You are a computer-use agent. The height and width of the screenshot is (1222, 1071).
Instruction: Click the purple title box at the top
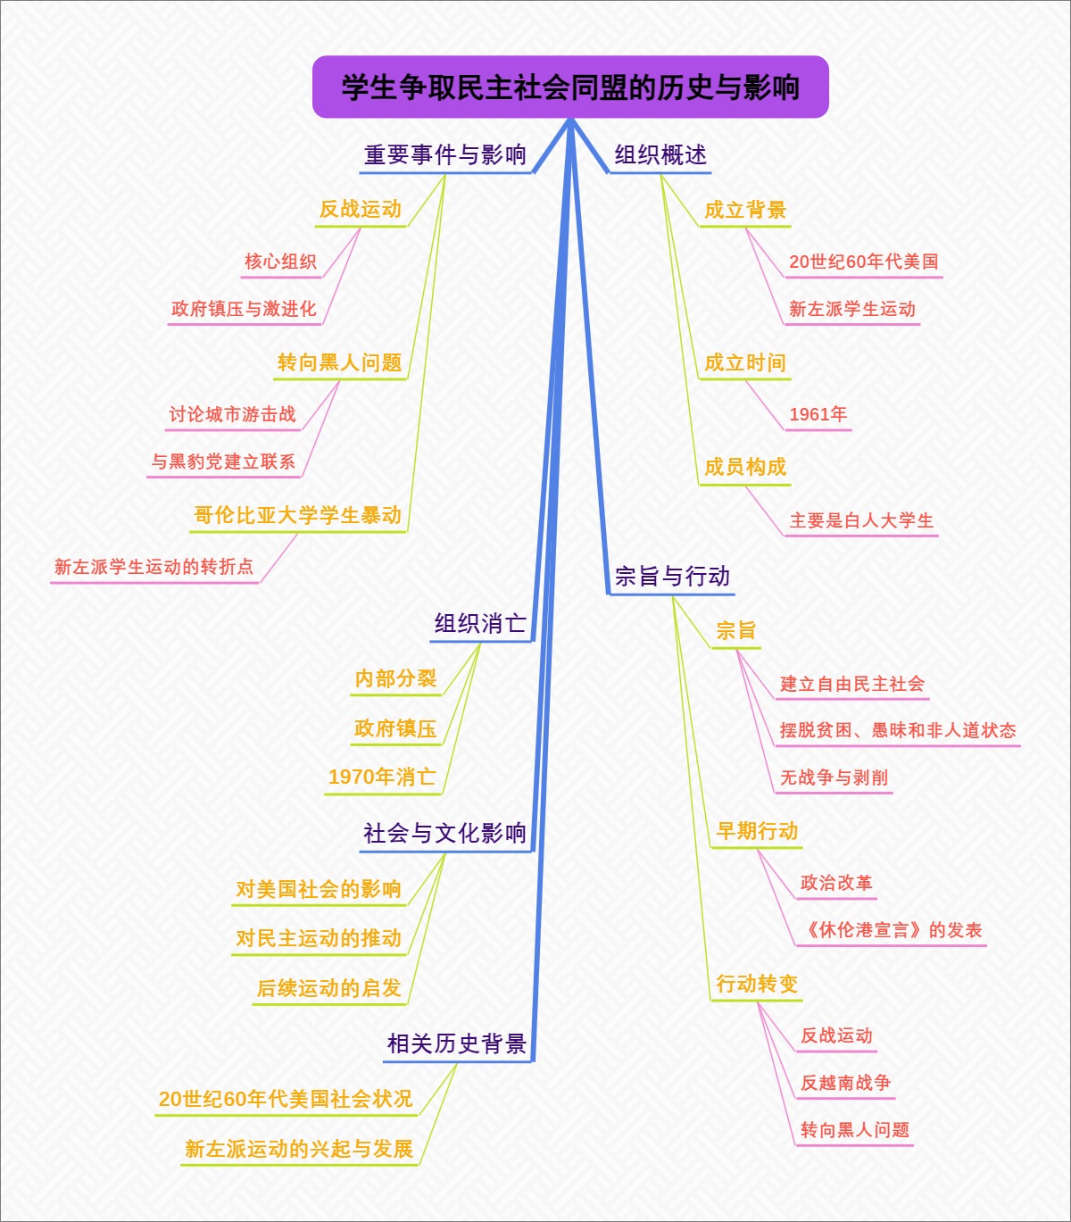pos(570,87)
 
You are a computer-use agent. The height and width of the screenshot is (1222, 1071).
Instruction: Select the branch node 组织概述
pos(660,155)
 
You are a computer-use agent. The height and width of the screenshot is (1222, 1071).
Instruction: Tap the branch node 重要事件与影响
pos(444,155)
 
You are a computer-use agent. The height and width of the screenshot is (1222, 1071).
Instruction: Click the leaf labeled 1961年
pos(818,414)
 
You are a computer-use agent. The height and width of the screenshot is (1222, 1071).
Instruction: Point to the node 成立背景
pos(745,211)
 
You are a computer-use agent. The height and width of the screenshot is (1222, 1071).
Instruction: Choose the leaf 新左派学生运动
pos(852,310)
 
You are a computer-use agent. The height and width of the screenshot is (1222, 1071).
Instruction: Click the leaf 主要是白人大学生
pos(861,520)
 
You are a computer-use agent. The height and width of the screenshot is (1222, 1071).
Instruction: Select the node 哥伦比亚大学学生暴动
pos(298,515)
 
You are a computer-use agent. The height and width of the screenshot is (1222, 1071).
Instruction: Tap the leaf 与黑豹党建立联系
pos(223,461)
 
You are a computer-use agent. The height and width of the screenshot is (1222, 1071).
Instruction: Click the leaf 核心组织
pos(280,262)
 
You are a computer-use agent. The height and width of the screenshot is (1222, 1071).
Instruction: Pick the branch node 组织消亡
pos(480,623)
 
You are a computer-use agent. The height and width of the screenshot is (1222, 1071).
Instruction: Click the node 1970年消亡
pos(382,777)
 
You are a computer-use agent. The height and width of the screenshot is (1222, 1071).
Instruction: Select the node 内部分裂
pos(395,678)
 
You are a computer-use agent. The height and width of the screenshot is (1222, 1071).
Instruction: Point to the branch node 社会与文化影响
pos(444,834)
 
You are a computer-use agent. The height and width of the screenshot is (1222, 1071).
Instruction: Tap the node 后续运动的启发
pos(329,988)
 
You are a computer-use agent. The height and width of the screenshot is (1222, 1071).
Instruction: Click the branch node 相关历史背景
pos(457,1043)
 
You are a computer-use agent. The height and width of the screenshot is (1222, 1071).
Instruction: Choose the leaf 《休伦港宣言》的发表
pos(891,930)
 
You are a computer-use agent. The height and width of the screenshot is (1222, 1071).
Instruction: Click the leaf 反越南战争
pos(845,1083)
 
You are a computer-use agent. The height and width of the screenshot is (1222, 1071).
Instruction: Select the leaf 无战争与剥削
pos(834,777)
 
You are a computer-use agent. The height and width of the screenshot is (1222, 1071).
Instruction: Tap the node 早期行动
pos(757,831)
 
